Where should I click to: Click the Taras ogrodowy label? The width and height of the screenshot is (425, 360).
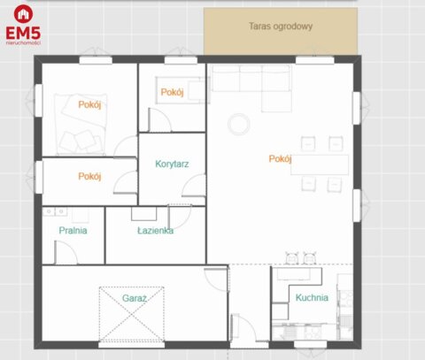pos(281,27)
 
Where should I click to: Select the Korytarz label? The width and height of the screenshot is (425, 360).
pos(172,164)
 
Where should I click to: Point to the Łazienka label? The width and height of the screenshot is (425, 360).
pos(155,230)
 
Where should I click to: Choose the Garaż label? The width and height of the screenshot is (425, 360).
pos(135,298)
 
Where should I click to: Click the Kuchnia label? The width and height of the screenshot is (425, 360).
pos(312,298)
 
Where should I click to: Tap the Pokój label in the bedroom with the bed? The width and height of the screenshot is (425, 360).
pos(90,104)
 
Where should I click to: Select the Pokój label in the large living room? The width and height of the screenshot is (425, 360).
pos(281,159)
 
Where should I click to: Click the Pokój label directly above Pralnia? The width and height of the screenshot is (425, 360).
pos(90,176)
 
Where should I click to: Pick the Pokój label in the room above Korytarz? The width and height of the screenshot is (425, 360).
pos(171,92)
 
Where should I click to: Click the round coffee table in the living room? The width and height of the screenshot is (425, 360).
pos(239,124)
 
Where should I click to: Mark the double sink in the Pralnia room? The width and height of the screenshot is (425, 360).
pos(55,211)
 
